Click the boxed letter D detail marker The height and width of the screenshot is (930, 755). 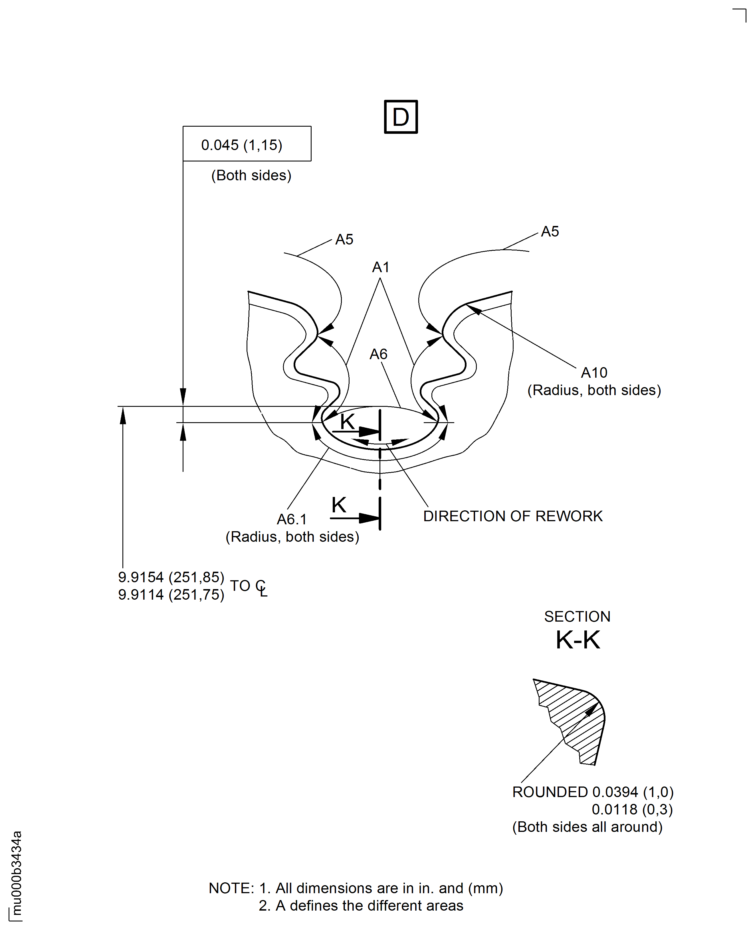(401, 117)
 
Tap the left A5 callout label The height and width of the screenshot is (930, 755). (344, 240)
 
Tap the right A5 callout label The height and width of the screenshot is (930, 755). (550, 231)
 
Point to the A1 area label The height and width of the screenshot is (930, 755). (381, 267)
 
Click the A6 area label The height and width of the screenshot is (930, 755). (378, 354)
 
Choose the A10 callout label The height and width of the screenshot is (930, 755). (594, 373)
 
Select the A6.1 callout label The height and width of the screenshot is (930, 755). (292, 519)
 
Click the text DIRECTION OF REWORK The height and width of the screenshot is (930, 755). (513, 516)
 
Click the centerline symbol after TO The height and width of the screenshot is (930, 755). (261, 588)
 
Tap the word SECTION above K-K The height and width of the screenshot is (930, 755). (577, 616)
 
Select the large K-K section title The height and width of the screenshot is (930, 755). (578, 640)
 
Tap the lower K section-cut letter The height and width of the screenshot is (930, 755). (339, 505)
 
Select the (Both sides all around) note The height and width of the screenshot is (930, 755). (587, 827)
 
